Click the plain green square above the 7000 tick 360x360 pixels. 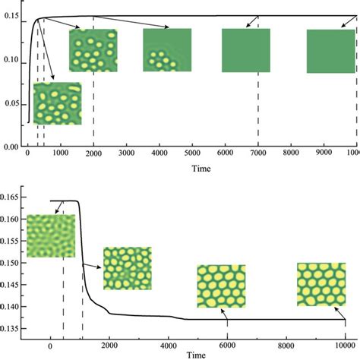tap(245, 50)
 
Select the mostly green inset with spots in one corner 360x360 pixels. tap(167, 50)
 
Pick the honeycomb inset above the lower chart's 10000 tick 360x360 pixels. tap(321, 284)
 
